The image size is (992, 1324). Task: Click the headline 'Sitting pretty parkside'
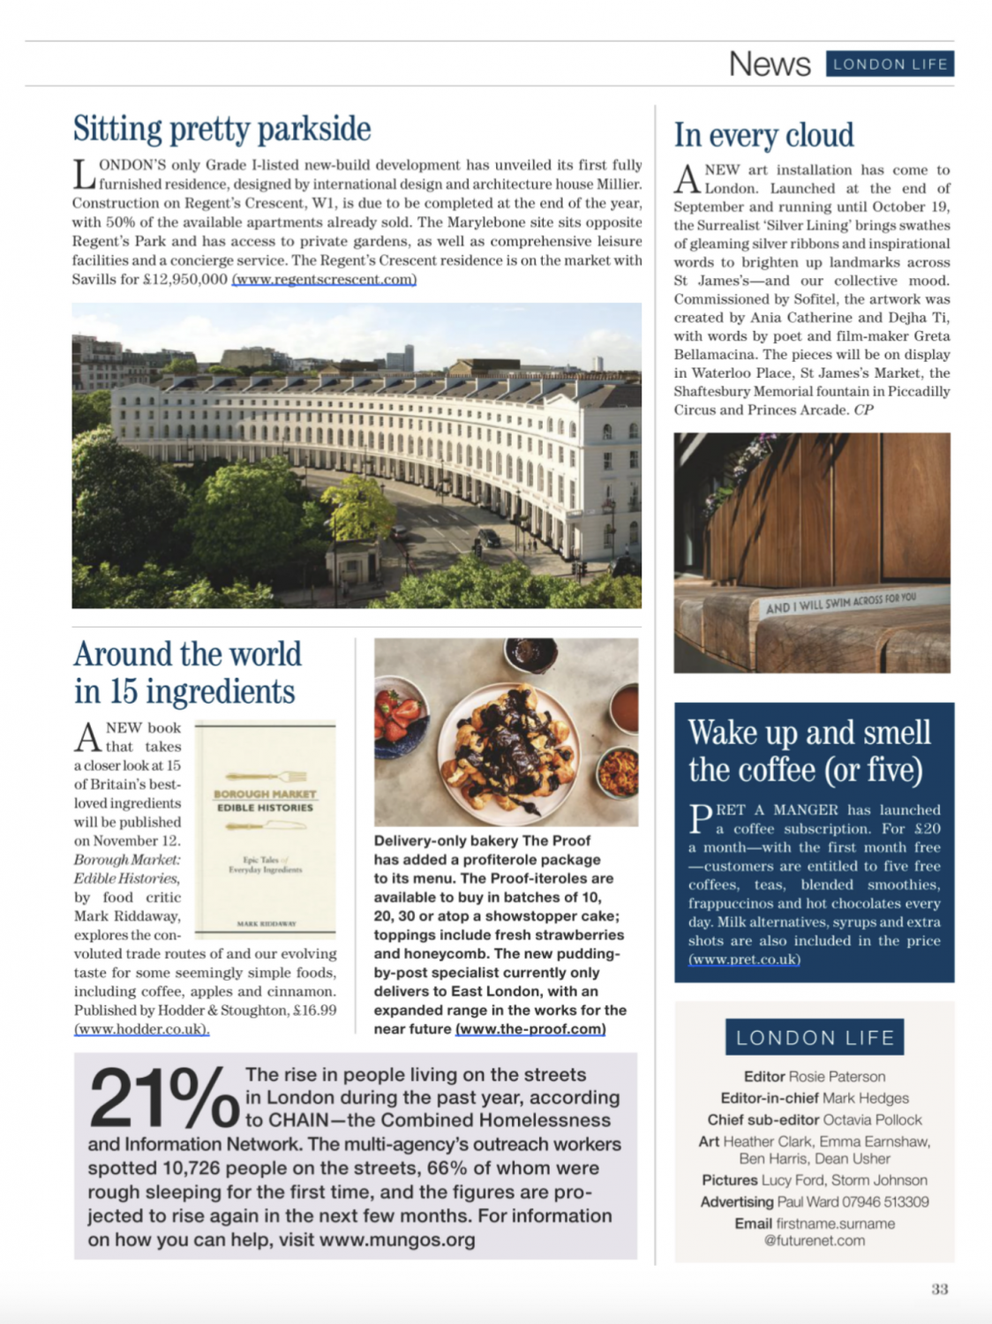point(222,129)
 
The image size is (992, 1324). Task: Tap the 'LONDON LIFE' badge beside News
point(890,64)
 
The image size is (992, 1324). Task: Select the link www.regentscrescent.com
point(324,280)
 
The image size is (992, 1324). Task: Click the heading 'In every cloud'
point(763,135)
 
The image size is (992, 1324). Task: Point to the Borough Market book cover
point(265,827)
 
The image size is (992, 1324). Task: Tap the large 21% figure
point(163,1098)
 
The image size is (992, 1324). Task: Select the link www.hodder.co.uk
point(141,1029)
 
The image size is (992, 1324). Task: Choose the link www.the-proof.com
point(530,1029)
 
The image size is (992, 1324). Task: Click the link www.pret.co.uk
point(744,959)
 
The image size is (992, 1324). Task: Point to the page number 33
point(939,1289)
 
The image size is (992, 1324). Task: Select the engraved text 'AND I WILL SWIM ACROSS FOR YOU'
point(840,602)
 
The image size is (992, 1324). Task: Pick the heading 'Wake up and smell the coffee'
point(808,750)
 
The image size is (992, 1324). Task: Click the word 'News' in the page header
point(770,64)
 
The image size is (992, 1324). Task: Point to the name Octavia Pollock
point(872,1119)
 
